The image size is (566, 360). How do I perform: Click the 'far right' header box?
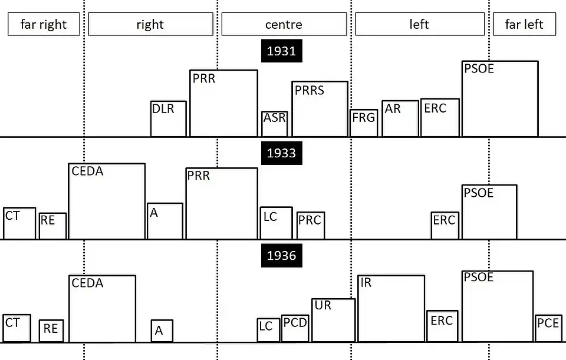tap(44, 24)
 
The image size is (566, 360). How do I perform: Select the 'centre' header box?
tap(284, 24)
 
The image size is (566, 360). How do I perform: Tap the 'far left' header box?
tap(524, 24)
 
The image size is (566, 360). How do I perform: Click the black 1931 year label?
tap(281, 51)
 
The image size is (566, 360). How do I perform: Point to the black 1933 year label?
tap(281, 153)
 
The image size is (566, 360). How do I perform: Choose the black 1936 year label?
tap(281, 256)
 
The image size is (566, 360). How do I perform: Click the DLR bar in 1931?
tap(169, 119)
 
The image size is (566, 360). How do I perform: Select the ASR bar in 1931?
tap(275, 124)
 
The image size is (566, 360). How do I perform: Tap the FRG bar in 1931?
tap(364, 123)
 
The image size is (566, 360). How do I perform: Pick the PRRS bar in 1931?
tap(320, 109)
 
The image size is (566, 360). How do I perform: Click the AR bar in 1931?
tap(400, 118)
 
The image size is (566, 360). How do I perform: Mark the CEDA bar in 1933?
tap(107, 202)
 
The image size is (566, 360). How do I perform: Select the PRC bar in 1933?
tap(311, 226)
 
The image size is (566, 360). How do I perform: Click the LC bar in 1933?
tap(276, 223)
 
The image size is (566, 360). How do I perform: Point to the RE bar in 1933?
tap(52, 226)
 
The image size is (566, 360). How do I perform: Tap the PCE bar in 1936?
tap(548, 328)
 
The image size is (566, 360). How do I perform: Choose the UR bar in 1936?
tap(334, 320)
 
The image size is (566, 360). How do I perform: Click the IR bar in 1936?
tap(391, 308)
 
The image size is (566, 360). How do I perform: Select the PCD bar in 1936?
tap(295, 328)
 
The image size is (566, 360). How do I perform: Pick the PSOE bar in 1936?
tap(498, 306)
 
